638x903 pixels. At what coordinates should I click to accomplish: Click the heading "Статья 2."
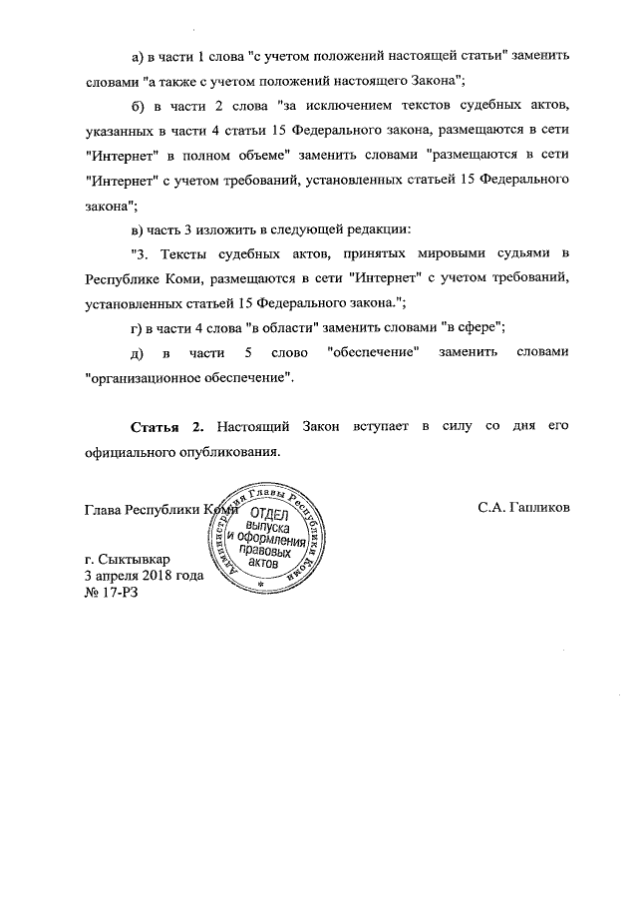(x=168, y=427)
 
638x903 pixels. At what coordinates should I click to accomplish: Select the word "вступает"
(x=373, y=427)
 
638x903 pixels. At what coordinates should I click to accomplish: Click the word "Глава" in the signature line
(x=105, y=507)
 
